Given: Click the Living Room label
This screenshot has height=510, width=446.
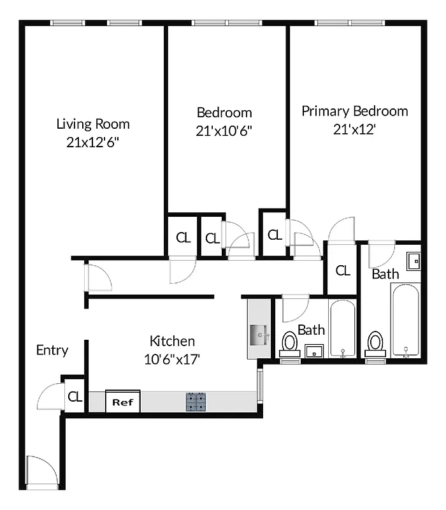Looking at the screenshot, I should pos(93,124).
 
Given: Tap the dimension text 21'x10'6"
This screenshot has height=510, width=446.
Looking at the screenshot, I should pos(224,131).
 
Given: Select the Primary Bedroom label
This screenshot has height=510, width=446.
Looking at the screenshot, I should pos(354,111).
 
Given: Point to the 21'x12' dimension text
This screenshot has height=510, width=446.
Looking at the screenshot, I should pos(354,129).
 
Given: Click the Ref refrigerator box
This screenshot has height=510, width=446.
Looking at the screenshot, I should pos(122,402).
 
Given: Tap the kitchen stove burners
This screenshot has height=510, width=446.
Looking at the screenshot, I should pos(196,402).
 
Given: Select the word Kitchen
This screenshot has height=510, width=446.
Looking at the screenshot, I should pos(172,340).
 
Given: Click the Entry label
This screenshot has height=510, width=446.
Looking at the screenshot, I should pos(52,350).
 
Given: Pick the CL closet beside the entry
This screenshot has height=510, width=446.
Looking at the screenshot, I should pos(75,397).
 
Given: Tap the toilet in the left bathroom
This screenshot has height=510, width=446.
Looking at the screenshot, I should pos(291,344).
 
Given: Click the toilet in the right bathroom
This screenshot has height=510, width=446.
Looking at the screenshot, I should pos(375,343).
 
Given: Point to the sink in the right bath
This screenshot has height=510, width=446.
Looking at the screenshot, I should pos(414,260).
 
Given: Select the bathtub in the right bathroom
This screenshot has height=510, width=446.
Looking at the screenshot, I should pos(406,322).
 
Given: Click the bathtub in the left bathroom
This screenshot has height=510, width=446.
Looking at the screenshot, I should pos(343,328).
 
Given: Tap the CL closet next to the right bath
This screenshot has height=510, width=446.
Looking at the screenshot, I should pos(343,270).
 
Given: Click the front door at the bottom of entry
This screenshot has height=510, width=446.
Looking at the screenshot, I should pos(43,472).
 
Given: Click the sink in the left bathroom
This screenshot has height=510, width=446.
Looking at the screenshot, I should pos(313,351).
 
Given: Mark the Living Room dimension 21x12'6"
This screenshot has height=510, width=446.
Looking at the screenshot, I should pos(93,142).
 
